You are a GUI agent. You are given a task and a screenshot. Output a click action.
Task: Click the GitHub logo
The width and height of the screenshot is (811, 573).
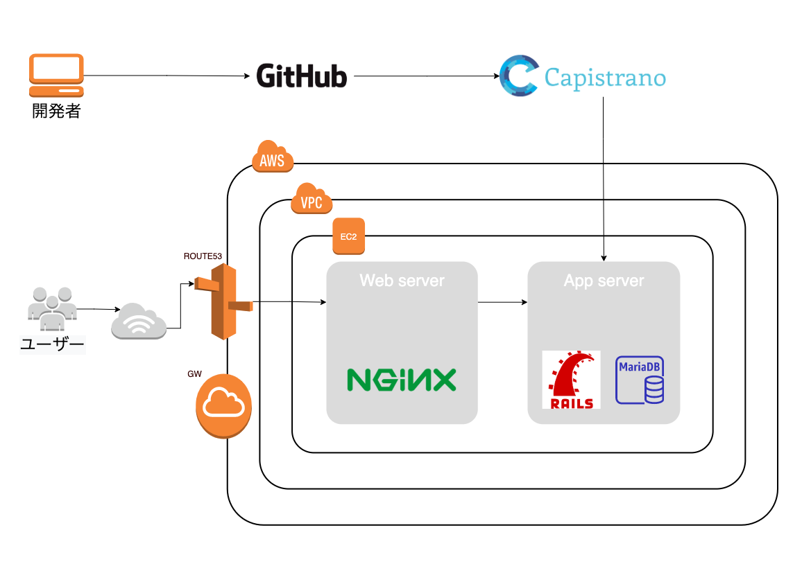(302, 76)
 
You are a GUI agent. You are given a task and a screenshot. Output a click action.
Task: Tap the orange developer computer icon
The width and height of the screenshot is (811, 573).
(56, 75)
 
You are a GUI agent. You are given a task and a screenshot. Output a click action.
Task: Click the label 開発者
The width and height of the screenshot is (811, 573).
(56, 111)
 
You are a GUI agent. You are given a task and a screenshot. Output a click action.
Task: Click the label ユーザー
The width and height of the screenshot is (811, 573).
(53, 344)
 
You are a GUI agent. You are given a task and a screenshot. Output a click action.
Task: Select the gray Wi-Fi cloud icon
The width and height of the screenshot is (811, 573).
(139, 320)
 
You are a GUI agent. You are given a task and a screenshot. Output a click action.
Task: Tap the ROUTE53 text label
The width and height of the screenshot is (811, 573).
(203, 256)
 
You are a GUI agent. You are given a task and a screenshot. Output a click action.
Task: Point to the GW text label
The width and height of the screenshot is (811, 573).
(194, 374)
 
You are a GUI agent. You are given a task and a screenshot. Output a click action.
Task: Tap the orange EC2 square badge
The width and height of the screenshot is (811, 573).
(348, 236)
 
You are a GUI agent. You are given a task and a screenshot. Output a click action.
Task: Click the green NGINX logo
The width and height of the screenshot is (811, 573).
(401, 380)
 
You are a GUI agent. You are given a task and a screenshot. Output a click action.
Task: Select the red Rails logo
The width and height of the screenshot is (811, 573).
(571, 380)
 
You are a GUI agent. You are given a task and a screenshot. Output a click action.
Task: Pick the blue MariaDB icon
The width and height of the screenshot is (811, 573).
(639, 380)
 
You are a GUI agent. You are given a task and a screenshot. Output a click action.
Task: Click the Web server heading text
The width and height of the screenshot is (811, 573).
(402, 281)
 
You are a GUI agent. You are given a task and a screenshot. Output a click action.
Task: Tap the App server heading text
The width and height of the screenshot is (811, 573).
(604, 281)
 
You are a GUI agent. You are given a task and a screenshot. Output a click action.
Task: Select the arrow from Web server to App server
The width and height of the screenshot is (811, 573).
(502, 302)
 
